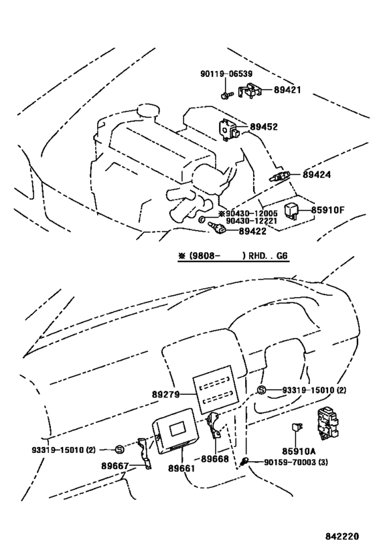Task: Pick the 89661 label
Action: point(181,468)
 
